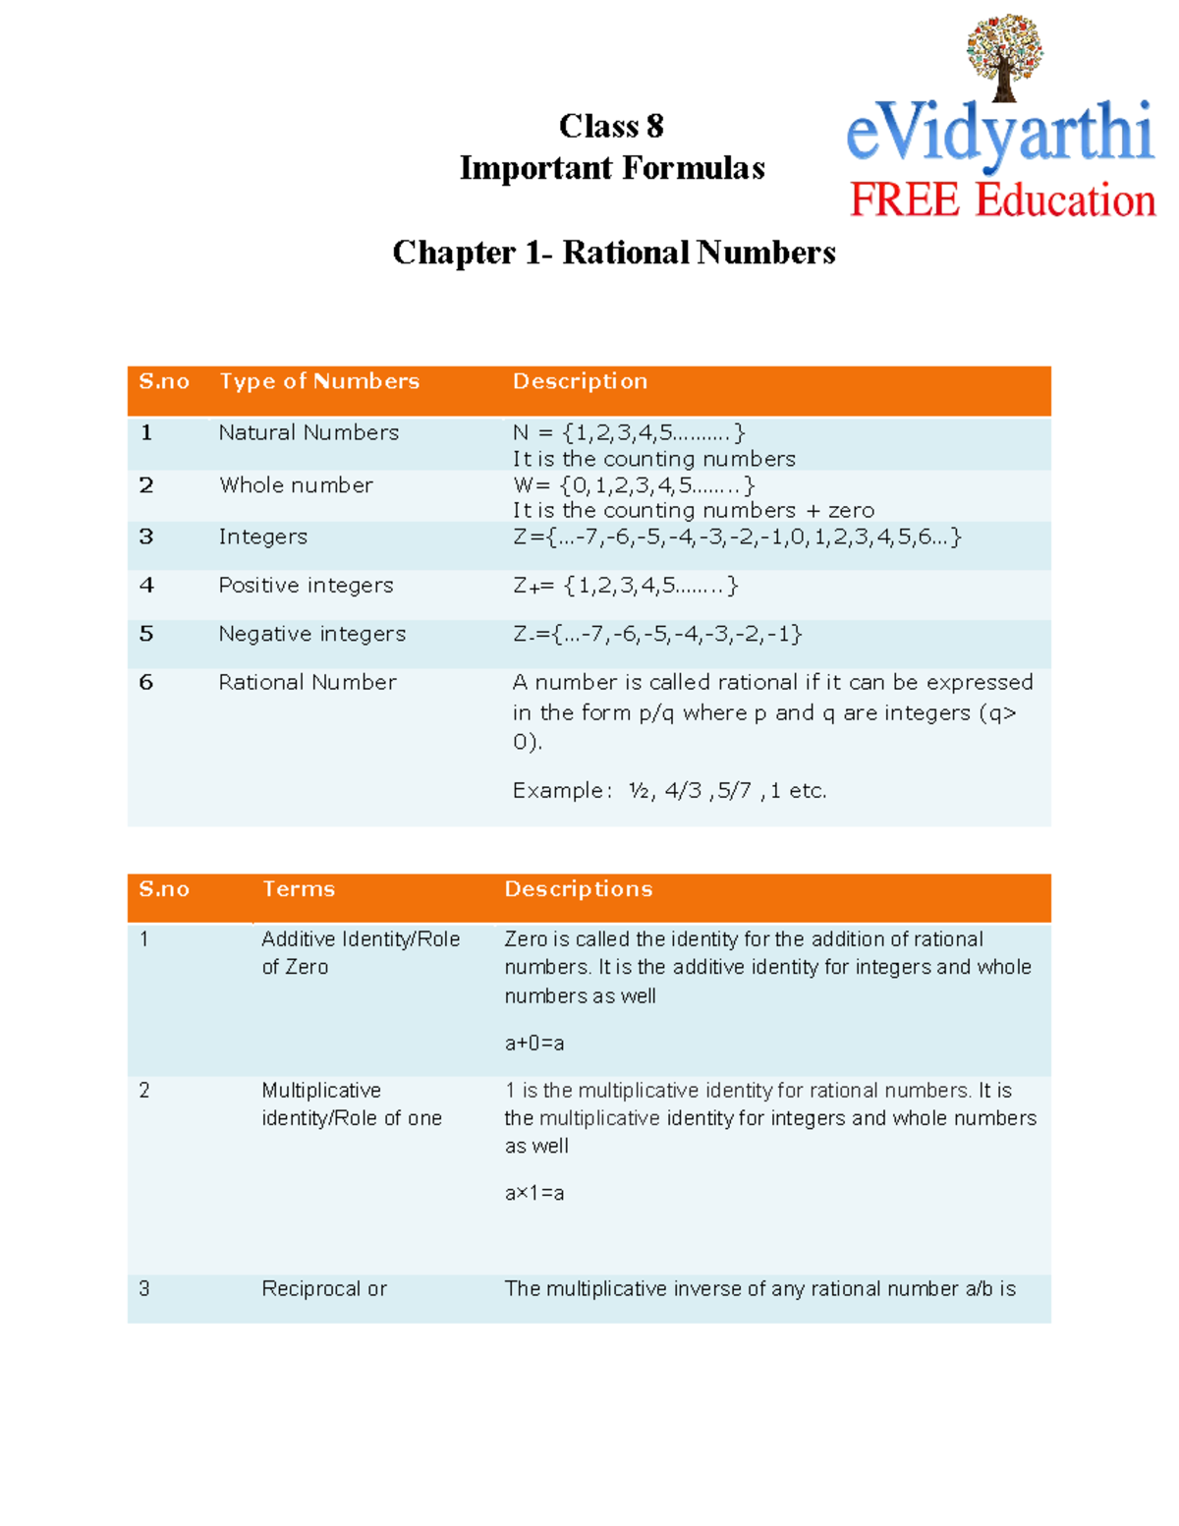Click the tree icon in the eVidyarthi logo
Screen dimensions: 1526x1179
tap(1003, 57)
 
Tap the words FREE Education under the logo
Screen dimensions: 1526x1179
tap(1001, 200)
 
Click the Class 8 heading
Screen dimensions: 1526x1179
tap(611, 127)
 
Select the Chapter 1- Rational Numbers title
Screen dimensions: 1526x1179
tap(614, 253)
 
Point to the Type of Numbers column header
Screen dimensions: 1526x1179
tap(319, 381)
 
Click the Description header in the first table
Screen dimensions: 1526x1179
tap(580, 381)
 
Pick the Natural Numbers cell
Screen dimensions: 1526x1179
tap(309, 432)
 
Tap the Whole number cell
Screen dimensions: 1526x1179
tap(296, 485)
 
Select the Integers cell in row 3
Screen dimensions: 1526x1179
tap(262, 537)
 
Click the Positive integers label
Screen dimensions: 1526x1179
tap(306, 586)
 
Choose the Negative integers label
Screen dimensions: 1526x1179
tap(311, 634)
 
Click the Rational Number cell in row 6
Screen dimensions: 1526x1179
tap(308, 682)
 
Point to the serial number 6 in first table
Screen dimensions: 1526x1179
tap(146, 682)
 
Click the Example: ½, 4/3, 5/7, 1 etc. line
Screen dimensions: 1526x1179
tap(669, 790)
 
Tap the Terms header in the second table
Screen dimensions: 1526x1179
tap(299, 889)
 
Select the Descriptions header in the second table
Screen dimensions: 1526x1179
tap(578, 889)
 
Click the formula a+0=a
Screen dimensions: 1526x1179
tap(534, 1044)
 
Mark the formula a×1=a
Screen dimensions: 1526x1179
tap(534, 1194)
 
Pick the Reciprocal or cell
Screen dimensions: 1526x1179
tap(324, 1289)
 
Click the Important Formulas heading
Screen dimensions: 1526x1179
tap(612, 168)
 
